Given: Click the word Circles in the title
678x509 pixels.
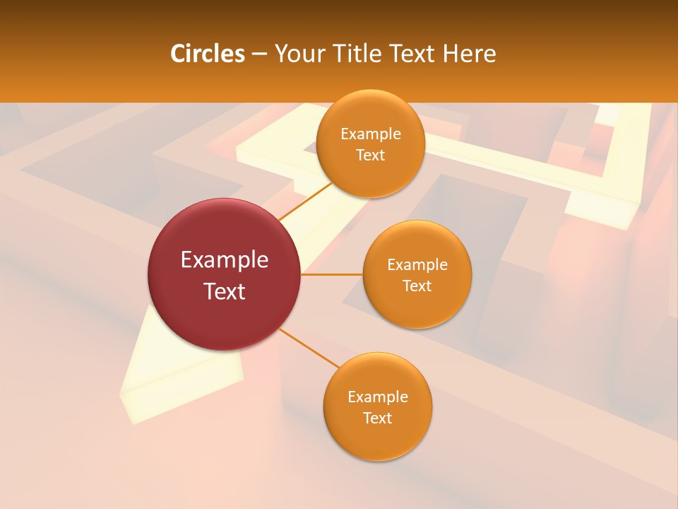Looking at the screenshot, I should tap(207, 54).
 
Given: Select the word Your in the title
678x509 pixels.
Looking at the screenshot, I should tap(297, 54).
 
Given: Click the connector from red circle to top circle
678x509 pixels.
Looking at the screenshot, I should tap(304, 201).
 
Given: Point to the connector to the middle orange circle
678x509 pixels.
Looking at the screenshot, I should tap(331, 274).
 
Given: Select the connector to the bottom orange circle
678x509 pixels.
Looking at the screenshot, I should tap(308, 348).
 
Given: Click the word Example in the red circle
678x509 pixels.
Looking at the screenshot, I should tap(225, 260).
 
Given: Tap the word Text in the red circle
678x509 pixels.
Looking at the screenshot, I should tap(225, 291).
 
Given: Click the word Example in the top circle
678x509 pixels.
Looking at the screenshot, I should tap(371, 134).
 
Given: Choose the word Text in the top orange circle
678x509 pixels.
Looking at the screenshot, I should tap(371, 156).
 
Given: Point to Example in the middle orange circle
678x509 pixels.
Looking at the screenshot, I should tap(417, 265).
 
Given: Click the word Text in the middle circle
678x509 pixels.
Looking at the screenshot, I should tap(417, 286).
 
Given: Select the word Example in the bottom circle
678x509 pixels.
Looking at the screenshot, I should tap(378, 397).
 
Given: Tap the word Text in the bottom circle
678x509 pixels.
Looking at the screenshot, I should tap(378, 419).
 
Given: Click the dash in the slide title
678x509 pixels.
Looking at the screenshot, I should tap(259, 54).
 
